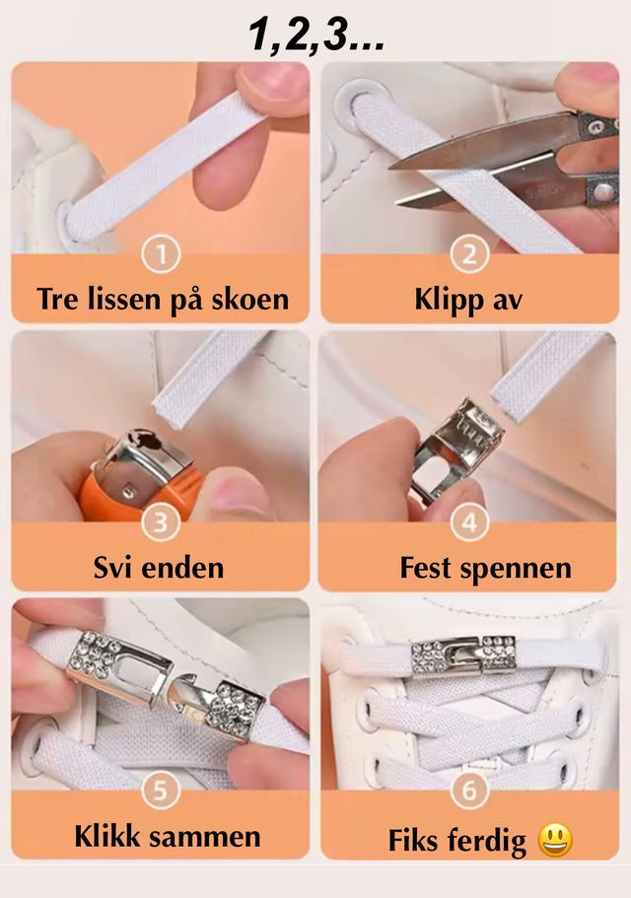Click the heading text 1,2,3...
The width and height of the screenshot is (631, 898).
click(316, 35)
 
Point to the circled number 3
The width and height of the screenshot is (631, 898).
click(161, 522)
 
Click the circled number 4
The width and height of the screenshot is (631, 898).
click(469, 522)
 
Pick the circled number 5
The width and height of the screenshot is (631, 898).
click(161, 791)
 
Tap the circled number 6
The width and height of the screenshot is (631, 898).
click(469, 791)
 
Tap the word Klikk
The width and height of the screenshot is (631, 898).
click(107, 836)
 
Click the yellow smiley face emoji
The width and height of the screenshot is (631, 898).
click(555, 840)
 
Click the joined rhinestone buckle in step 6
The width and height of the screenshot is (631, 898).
click(463, 656)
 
